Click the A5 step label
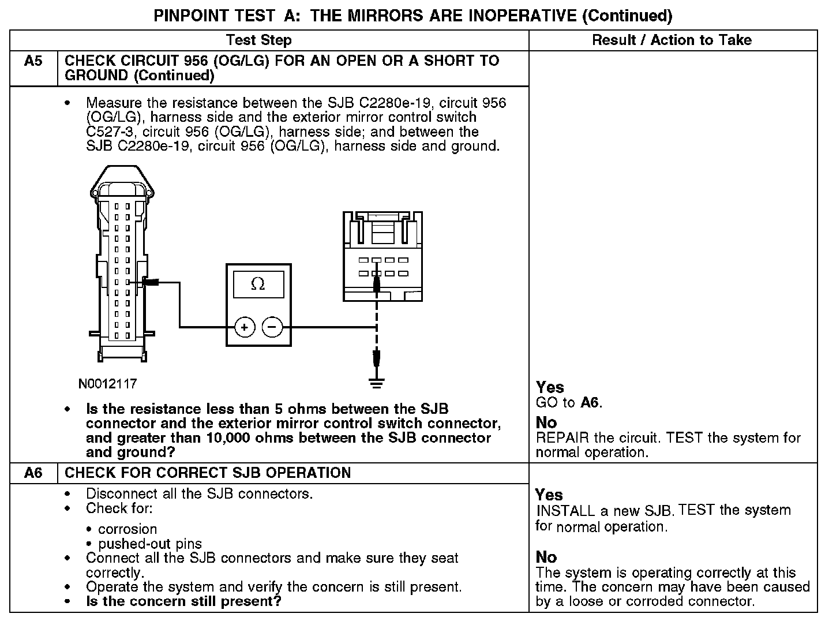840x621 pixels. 33,61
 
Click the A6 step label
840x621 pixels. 33,473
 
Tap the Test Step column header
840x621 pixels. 258,40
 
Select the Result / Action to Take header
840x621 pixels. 672,40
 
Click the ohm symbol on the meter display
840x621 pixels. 258,284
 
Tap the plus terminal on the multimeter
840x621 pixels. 245,328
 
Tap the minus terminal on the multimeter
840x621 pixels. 272,328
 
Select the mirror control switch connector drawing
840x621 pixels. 383,257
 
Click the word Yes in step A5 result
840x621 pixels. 550,387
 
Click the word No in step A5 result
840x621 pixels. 546,422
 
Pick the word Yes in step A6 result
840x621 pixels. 549,495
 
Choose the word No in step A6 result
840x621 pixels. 546,557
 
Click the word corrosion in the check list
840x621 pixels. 127,529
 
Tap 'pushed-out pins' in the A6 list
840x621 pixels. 150,544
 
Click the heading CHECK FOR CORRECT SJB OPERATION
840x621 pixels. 208,473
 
